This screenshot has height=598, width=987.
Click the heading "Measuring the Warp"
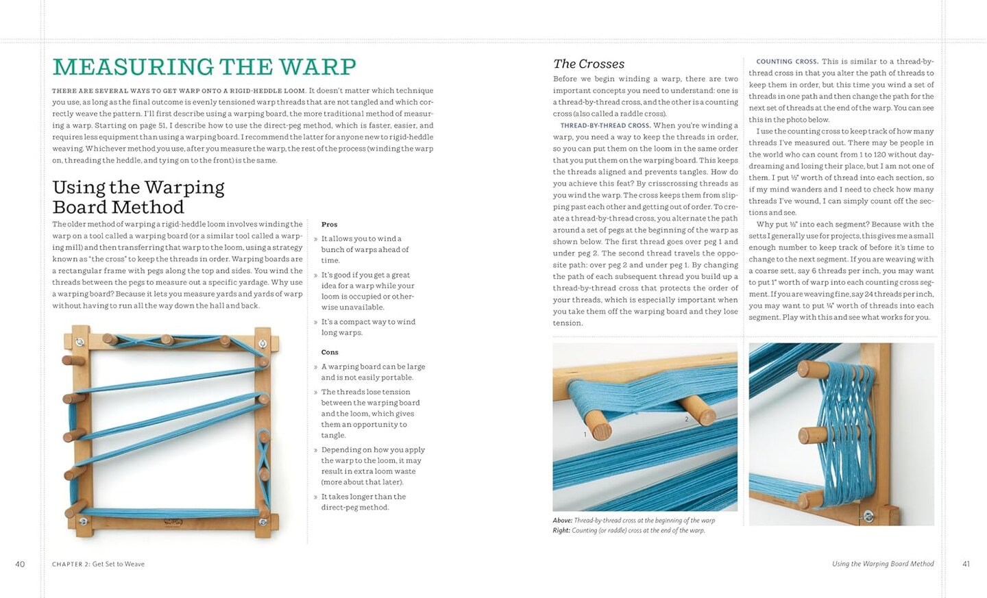point(204,67)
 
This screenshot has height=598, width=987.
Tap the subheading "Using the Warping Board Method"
point(138,197)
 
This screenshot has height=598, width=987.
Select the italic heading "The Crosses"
point(588,64)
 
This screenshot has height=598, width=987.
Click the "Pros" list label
point(329,224)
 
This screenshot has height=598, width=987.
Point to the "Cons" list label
point(330,352)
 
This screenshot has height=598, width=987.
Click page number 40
point(20,564)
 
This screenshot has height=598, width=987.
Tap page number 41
point(966,564)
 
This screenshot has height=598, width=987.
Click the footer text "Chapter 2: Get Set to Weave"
point(98,564)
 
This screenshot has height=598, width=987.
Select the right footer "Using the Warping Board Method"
point(882,564)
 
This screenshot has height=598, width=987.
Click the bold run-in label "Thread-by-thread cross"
point(605,125)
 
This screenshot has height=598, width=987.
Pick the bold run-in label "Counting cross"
point(786,62)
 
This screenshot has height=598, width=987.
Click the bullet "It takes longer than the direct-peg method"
point(363,502)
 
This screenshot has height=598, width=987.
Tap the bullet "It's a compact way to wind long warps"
point(367,327)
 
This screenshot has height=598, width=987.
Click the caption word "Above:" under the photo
point(562,521)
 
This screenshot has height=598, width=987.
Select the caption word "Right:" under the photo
point(561,530)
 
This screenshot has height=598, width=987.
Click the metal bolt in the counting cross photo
point(868,516)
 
